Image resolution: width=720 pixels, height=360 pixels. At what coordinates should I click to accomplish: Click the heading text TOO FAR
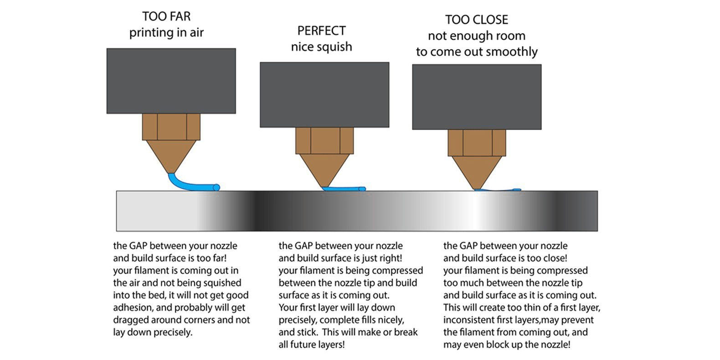tap(166, 16)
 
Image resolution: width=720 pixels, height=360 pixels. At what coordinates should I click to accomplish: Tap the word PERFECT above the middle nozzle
tap(321, 31)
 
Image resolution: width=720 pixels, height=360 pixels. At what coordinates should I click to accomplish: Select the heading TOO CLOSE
tap(476, 20)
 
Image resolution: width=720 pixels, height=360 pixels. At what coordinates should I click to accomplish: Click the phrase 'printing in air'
tap(166, 32)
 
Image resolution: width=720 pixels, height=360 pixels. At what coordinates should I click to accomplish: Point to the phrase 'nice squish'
tap(321, 46)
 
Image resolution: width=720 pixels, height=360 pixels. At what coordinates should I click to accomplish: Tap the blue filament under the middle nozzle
tap(344, 189)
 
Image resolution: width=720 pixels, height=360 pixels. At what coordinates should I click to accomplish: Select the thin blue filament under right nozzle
tap(499, 190)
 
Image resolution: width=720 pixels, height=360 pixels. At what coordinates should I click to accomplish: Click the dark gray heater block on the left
tap(171, 81)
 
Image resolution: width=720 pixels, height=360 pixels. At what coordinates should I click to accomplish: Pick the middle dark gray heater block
tap(324, 94)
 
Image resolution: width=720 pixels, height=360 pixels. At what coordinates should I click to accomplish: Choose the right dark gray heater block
tap(477, 97)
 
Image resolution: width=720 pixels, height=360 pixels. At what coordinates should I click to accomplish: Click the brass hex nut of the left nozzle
tap(171, 127)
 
